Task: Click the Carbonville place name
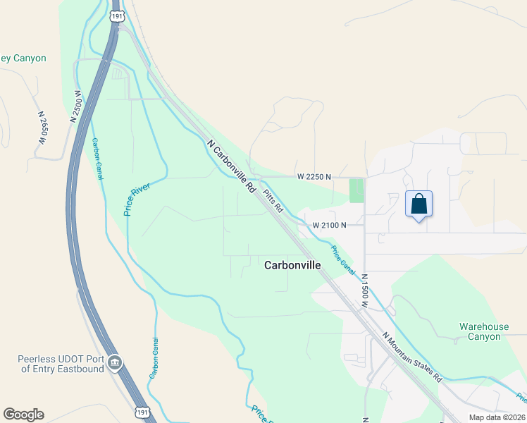[292, 266]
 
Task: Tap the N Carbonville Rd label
[232, 166]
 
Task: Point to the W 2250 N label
[314, 176]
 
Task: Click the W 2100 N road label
[330, 226]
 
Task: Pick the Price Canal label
[343, 259]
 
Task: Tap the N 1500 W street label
[365, 290]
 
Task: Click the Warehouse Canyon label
[484, 331]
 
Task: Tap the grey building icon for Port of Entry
[115, 364]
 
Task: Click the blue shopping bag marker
[419, 204]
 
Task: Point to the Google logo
[23, 415]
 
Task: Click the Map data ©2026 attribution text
[497, 417]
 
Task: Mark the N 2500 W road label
[76, 106]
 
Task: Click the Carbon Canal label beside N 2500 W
[98, 159]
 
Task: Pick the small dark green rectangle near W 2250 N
[356, 190]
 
